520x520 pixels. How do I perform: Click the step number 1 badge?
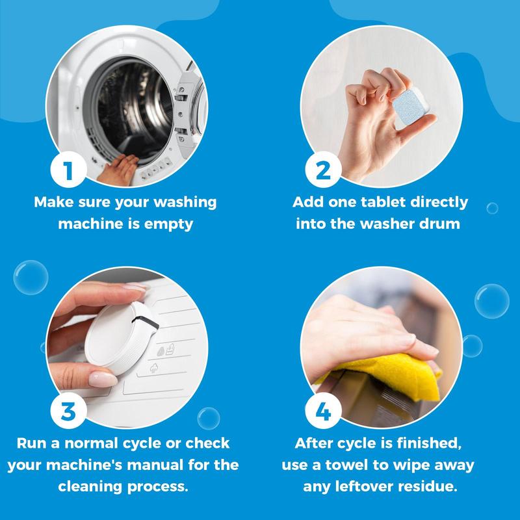pos(69,170)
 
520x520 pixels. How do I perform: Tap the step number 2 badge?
pos(323,170)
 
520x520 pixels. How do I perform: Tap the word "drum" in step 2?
pos(442,223)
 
